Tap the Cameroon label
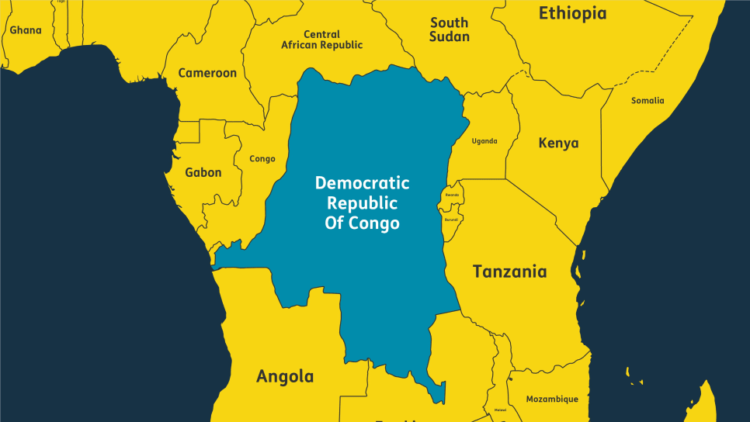click(x=207, y=73)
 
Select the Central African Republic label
click(x=321, y=40)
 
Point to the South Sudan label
click(x=450, y=29)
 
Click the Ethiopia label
click(x=572, y=13)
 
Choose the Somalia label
click(x=648, y=100)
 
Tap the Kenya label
click(x=558, y=144)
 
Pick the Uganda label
click(x=484, y=141)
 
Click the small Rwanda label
click(x=452, y=195)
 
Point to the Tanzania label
click(x=509, y=272)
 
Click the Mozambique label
click(x=552, y=399)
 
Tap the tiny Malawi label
click(x=500, y=410)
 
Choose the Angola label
click(x=285, y=377)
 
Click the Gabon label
click(x=203, y=172)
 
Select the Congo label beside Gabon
click(x=262, y=159)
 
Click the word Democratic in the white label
click(x=362, y=183)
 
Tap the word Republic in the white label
click(x=362, y=203)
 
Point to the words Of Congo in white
click(x=362, y=223)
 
